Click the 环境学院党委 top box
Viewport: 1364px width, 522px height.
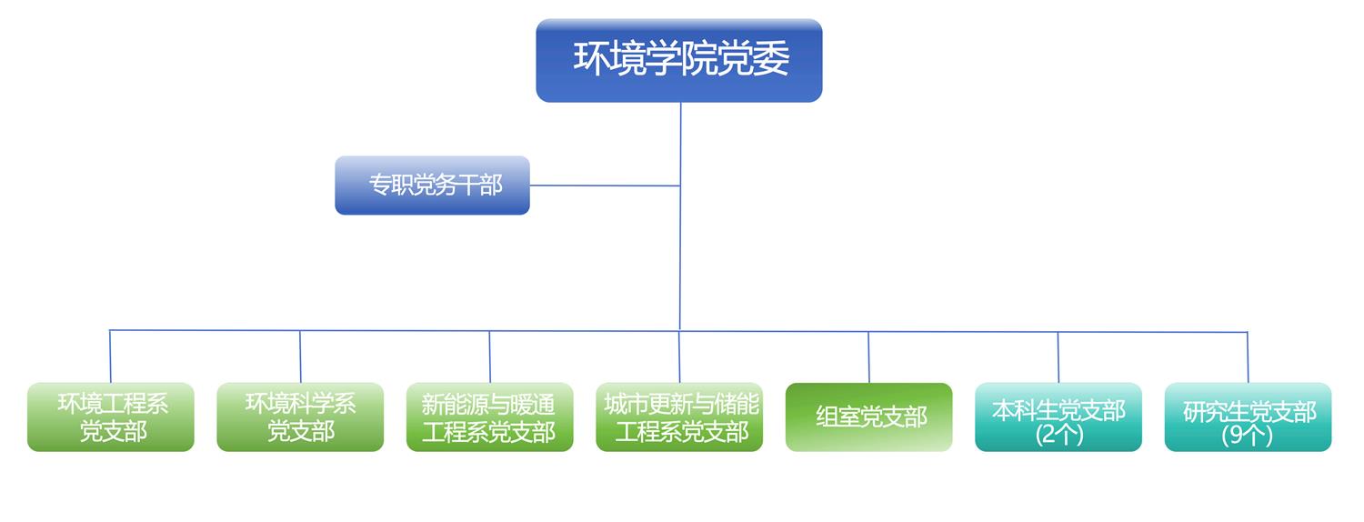[x=679, y=60]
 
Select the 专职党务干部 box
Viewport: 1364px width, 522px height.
[x=432, y=186]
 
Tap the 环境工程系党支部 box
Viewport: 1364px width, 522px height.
[x=111, y=417]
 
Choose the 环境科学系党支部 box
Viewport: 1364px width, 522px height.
[x=300, y=417]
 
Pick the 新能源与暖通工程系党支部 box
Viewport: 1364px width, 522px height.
[x=489, y=417]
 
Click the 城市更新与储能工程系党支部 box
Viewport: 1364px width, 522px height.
[x=679, y=417]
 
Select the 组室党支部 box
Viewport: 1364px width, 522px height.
[x=869, y=417]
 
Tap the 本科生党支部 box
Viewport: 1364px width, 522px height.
[x=1058, y=417]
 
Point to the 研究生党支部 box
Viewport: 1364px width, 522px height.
[x=1249, y=417]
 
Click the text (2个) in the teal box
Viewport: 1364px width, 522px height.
[x=1059, y=435]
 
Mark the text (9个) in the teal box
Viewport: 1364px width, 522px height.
[x=1247, y=435]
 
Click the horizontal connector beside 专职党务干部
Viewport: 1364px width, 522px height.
[x=605, y=186]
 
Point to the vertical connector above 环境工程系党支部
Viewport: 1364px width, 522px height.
[x=110, y=356]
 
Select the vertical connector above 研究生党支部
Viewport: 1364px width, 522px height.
[x=1248, y=356]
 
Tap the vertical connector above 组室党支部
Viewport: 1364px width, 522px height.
[x=868, y=356]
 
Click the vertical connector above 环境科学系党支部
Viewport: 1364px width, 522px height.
[x=300, y=356]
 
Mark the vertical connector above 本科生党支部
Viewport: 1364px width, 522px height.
[x=1058, y=356]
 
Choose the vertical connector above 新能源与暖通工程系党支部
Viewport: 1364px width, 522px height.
[x=489, y=356]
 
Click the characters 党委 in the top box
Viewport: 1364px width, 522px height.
[x=753, y=58]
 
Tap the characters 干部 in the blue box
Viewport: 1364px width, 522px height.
[x=480, y=185]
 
